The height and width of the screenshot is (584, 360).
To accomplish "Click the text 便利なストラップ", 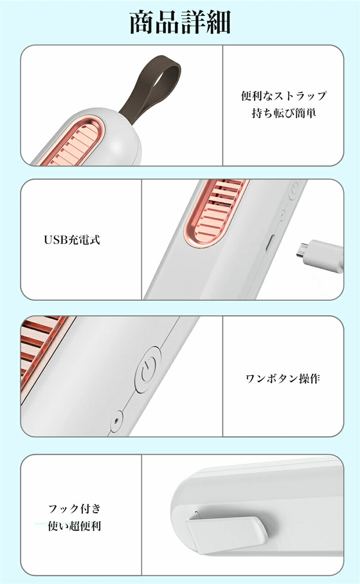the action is coord(283,96).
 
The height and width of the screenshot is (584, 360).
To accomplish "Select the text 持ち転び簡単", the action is coord(283,113).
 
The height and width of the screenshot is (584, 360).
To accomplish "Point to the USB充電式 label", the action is coord(72,240).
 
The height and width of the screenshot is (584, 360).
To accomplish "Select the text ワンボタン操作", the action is coord(283,378).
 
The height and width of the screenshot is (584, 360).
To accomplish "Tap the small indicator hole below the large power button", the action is coord(116,421).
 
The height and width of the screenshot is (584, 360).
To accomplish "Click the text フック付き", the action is coord(75,508).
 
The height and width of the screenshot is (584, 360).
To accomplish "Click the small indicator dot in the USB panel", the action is coord(282,215).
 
